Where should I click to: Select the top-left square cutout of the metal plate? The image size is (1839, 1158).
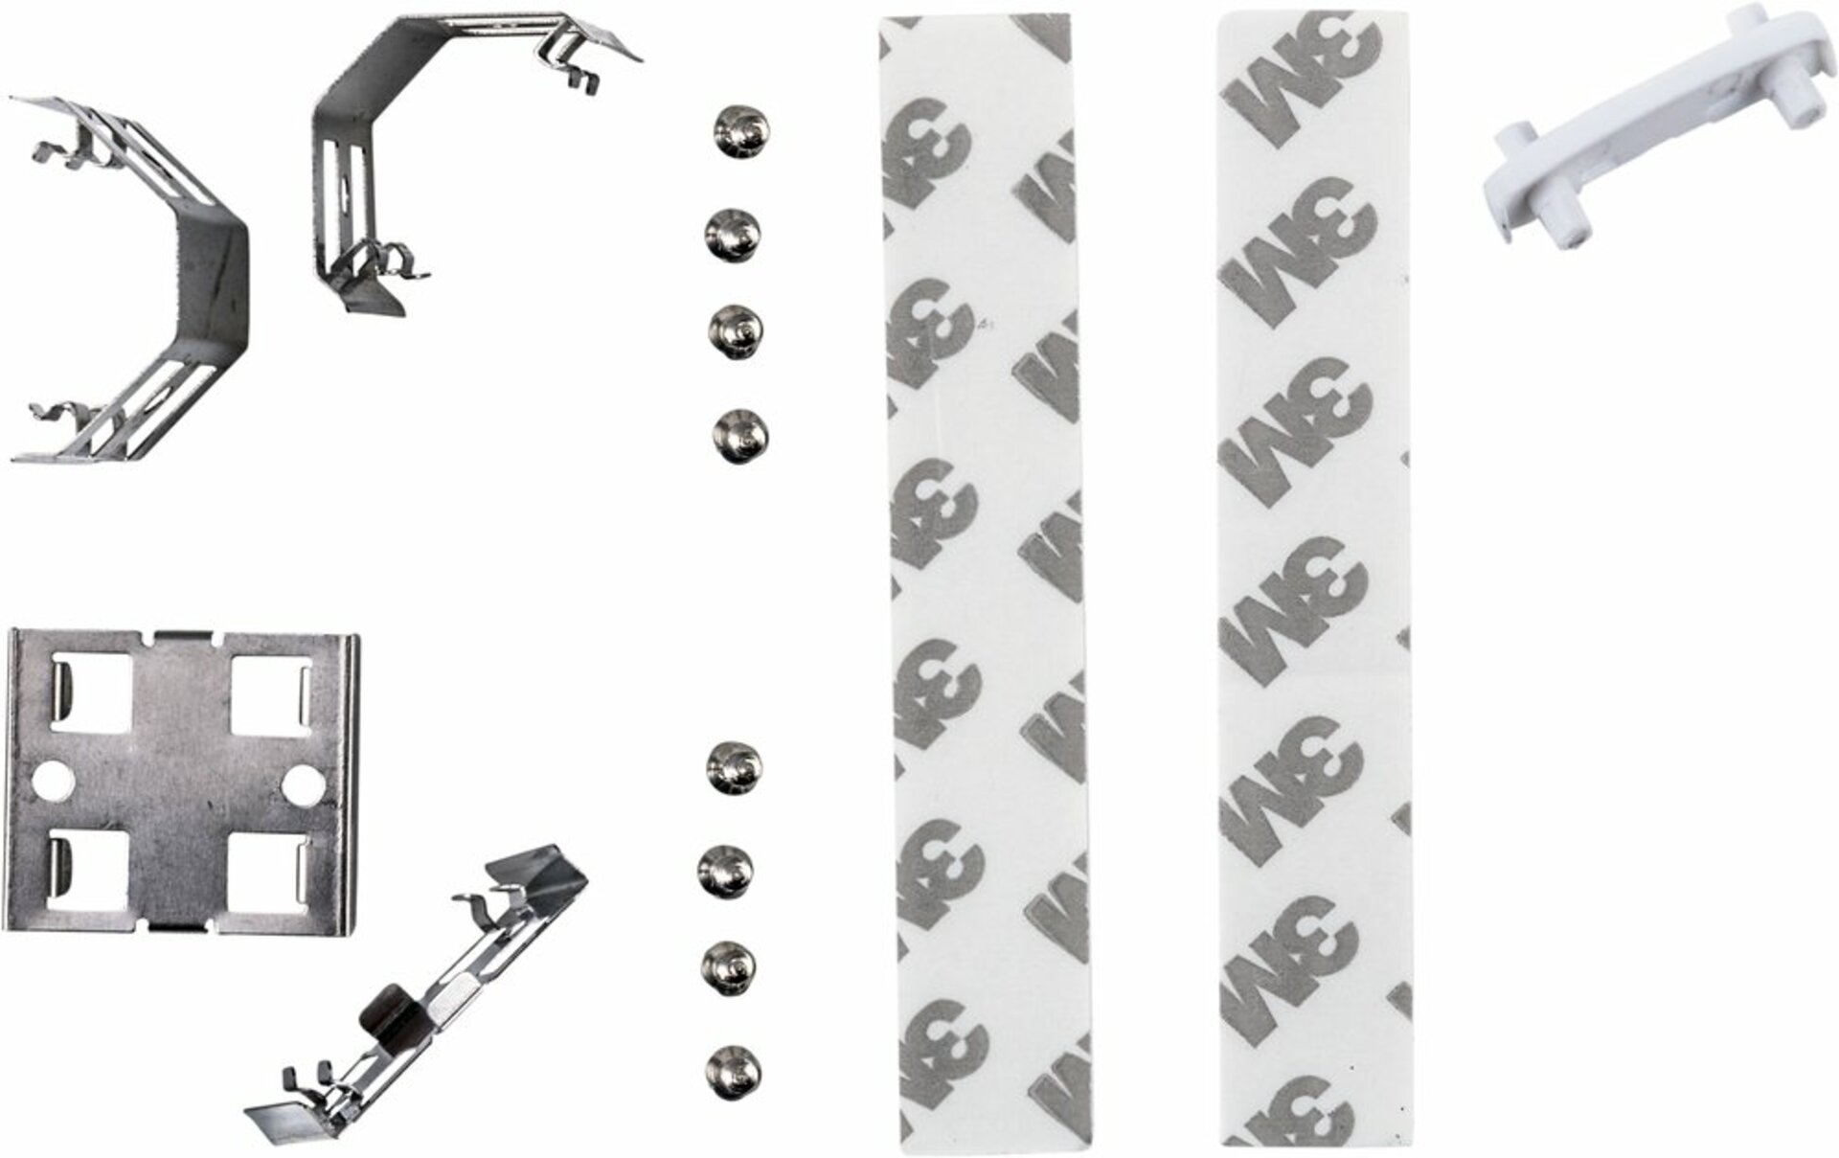click(90, 693)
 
